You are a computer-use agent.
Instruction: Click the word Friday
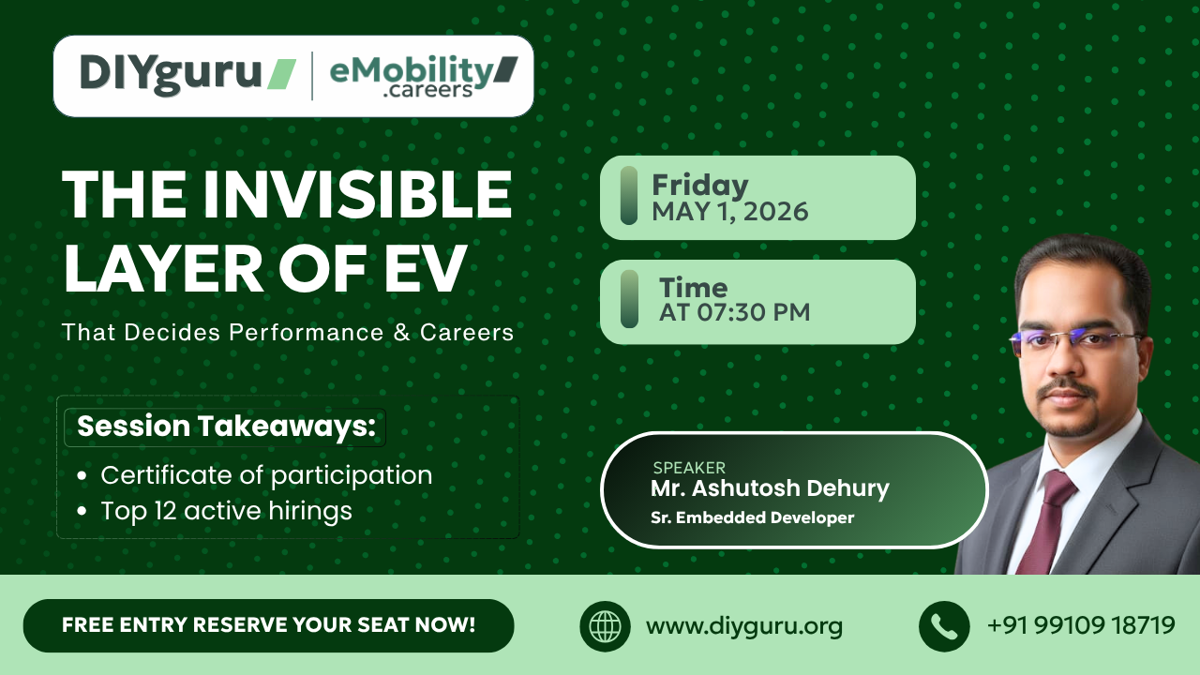click(x=699, y=185)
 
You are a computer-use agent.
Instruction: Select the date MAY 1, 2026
click(x=729, y=212)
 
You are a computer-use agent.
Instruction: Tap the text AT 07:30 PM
click(x=734, y=312)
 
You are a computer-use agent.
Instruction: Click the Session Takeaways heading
click(x=226, y=427)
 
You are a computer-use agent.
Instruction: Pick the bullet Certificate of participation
click(x=266, y=475)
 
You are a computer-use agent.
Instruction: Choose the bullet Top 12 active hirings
click(x=226, y=511)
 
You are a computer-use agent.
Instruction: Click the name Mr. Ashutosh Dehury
click(x=770, y=488)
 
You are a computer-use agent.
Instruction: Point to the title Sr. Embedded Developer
click(x=752, y=517)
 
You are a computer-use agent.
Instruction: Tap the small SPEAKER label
click(x=689, y=468)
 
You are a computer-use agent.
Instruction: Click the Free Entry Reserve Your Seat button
click(x=268, y=625)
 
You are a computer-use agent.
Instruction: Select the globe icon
click(x=605, y=626)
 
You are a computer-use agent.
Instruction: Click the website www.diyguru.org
click(x=743, y=626)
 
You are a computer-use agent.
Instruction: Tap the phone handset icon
click(x=943, y=626)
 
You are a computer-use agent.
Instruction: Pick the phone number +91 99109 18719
click(x=1081, y=625)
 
